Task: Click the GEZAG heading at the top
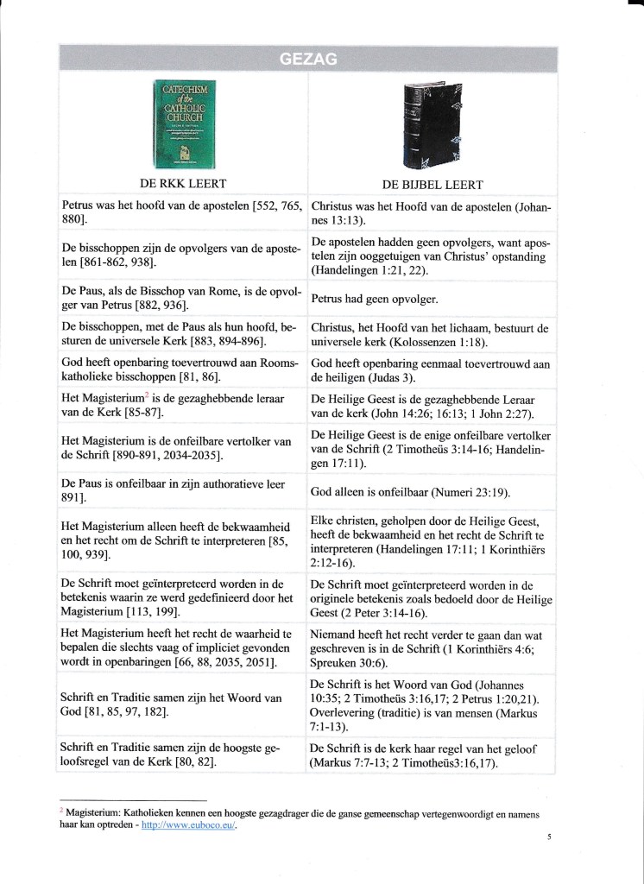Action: (x=308, y=59)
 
